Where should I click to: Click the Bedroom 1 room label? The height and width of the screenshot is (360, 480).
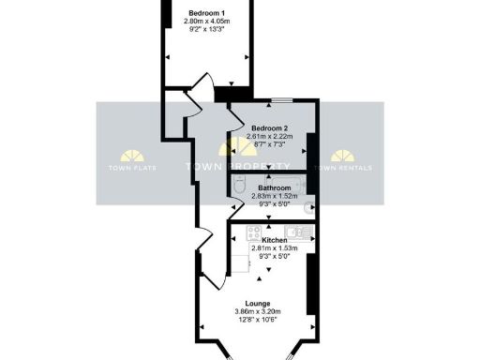tap(207, 12)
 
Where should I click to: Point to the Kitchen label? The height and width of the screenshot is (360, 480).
tap(276, 240)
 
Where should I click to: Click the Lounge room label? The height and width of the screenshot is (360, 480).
tap(258, 304)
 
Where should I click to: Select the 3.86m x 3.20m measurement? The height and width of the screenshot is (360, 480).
tap(258, 312)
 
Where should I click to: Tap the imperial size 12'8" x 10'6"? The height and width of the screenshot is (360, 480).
tap(258, 321)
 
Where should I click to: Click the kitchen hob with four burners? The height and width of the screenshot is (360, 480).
tap(254, 232)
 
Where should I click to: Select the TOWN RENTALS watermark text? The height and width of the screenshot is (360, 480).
tap(343, 168)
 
